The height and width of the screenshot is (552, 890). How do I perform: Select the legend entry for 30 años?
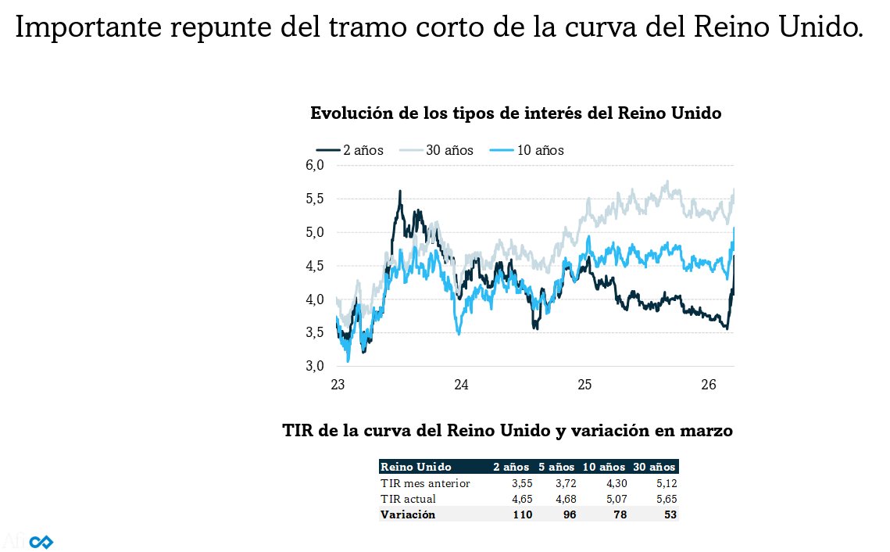coord(437,150)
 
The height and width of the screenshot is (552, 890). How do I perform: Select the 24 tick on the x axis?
coord(461,385)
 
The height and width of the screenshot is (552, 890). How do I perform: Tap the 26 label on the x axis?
coord(709,385)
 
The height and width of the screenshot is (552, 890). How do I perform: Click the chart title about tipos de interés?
coord(515,113)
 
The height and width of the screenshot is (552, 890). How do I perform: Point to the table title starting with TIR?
coord(507,431)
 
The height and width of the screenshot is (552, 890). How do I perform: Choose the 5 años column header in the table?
coord(556,467)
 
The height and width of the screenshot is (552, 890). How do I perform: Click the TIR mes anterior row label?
coord(425,483)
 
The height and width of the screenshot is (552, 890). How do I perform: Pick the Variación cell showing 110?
coord(522,514)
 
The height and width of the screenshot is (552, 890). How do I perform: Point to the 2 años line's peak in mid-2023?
coord(400,191)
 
